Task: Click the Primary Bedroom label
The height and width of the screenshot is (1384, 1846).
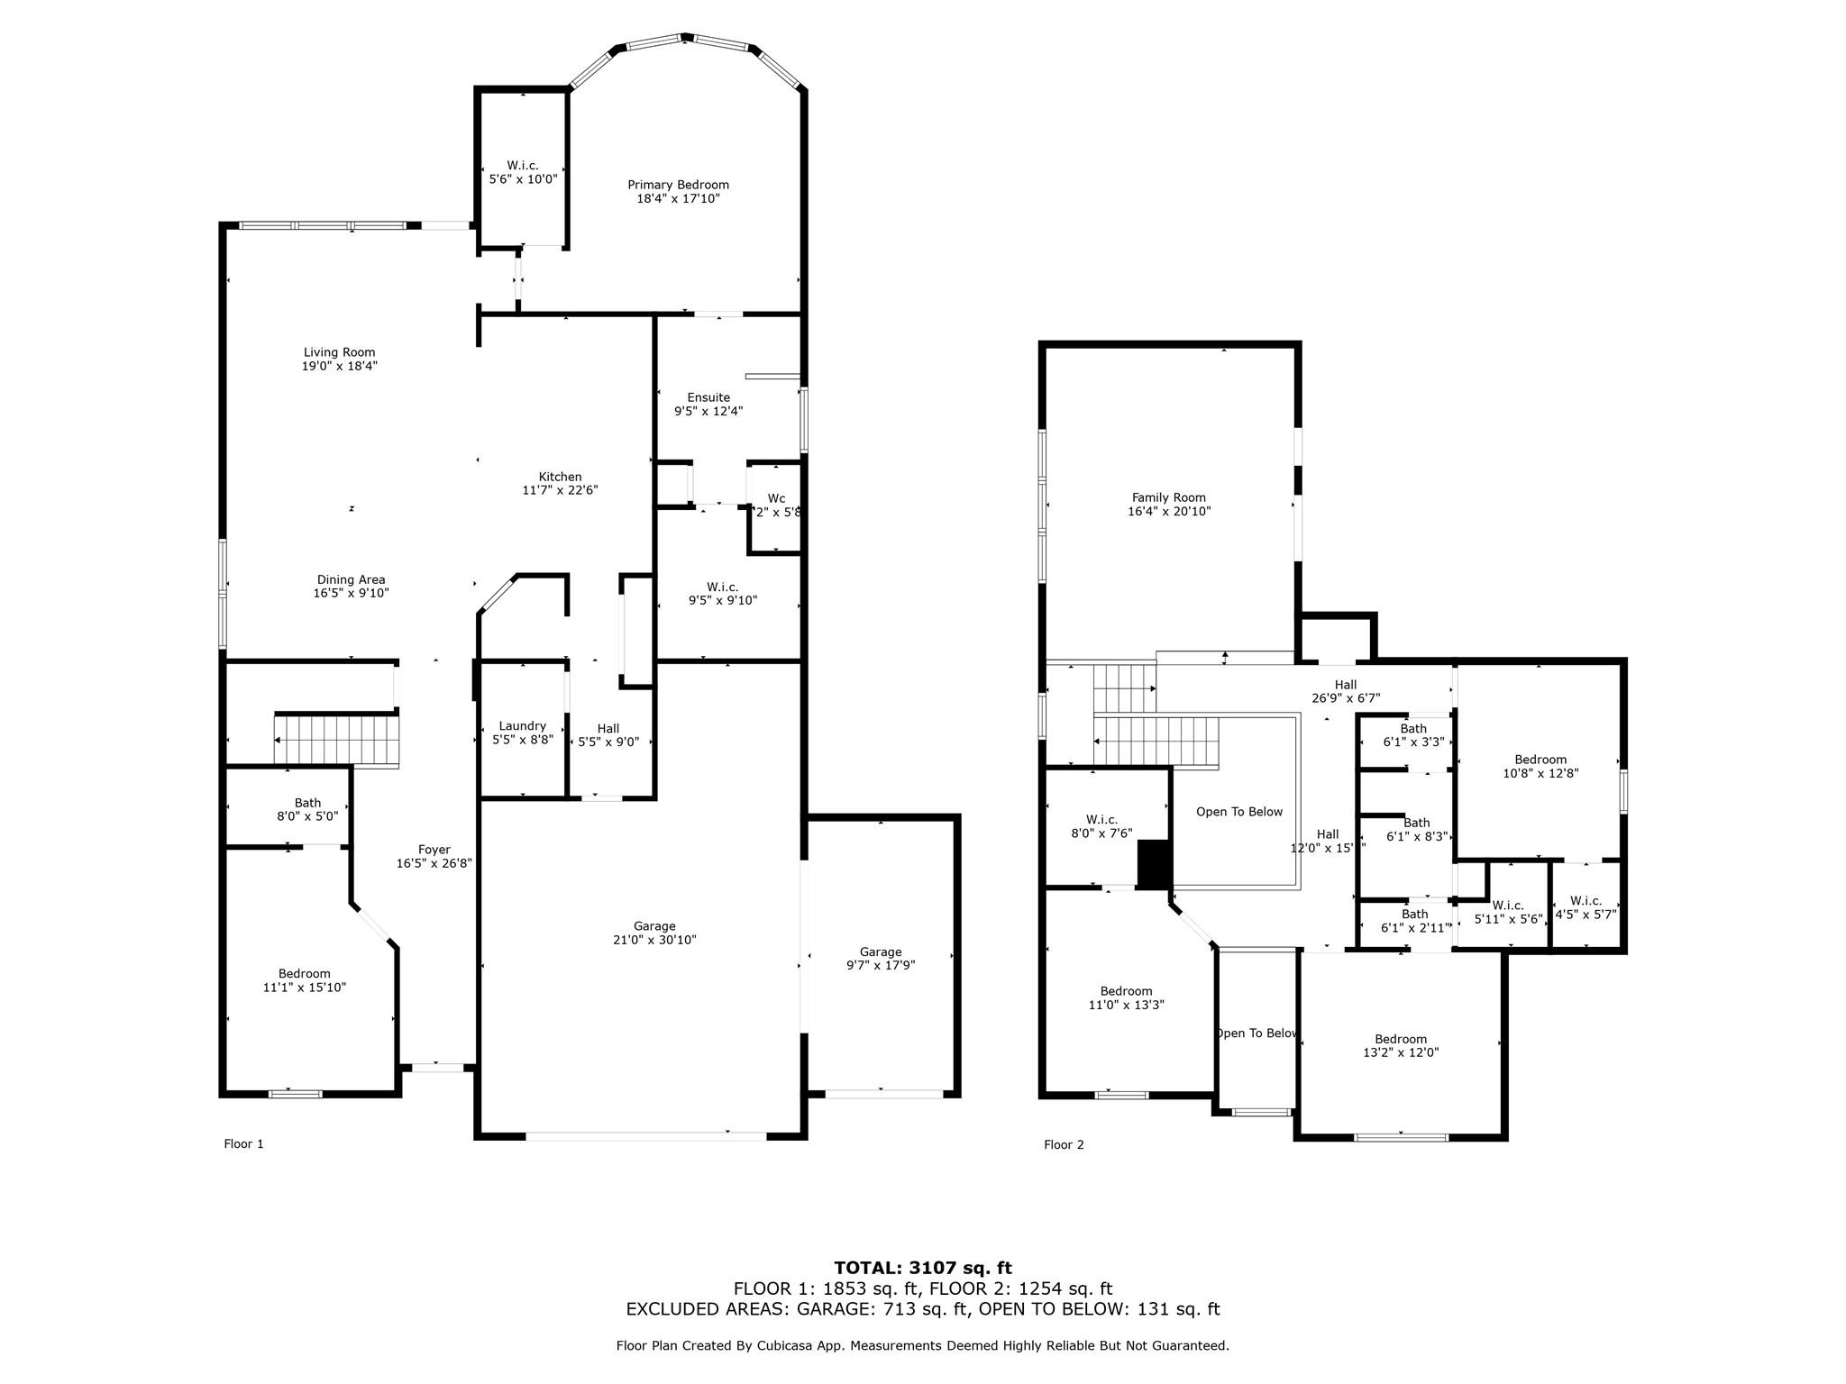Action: coord(678,185)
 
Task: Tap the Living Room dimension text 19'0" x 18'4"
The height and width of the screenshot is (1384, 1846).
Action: coord(339,367)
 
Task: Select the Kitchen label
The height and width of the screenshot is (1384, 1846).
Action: coord(560,477)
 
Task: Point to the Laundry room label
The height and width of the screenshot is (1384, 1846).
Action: coord(522,725)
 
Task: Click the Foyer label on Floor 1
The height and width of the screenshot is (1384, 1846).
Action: coord(434,850)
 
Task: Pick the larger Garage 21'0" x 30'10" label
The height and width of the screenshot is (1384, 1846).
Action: coord(653,926)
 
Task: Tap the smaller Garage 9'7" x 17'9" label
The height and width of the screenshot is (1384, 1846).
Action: coord(880,951)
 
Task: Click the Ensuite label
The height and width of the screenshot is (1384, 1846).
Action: coord(708,397)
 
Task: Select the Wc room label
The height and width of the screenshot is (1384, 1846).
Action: coord(776,498)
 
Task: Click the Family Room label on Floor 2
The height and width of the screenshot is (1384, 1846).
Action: coord(1168,497)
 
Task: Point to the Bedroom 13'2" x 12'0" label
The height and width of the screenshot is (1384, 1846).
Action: coord(1400,1039)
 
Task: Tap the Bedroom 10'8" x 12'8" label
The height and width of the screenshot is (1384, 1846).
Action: coord(1540,760)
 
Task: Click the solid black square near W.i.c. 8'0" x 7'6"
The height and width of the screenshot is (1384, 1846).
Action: coord(1153,864)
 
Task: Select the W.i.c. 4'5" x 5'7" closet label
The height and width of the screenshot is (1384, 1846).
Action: coord(1586,901)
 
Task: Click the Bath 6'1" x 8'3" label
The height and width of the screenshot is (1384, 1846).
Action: coord(1416,823)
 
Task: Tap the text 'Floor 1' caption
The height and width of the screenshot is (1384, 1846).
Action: coord(243,1144)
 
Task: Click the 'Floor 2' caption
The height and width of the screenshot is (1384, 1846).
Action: coord(1064,1145)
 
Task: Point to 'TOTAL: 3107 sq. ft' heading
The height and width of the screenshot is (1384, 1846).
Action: coord(922,1269)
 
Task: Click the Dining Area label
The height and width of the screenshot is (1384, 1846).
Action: coord(351,580)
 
